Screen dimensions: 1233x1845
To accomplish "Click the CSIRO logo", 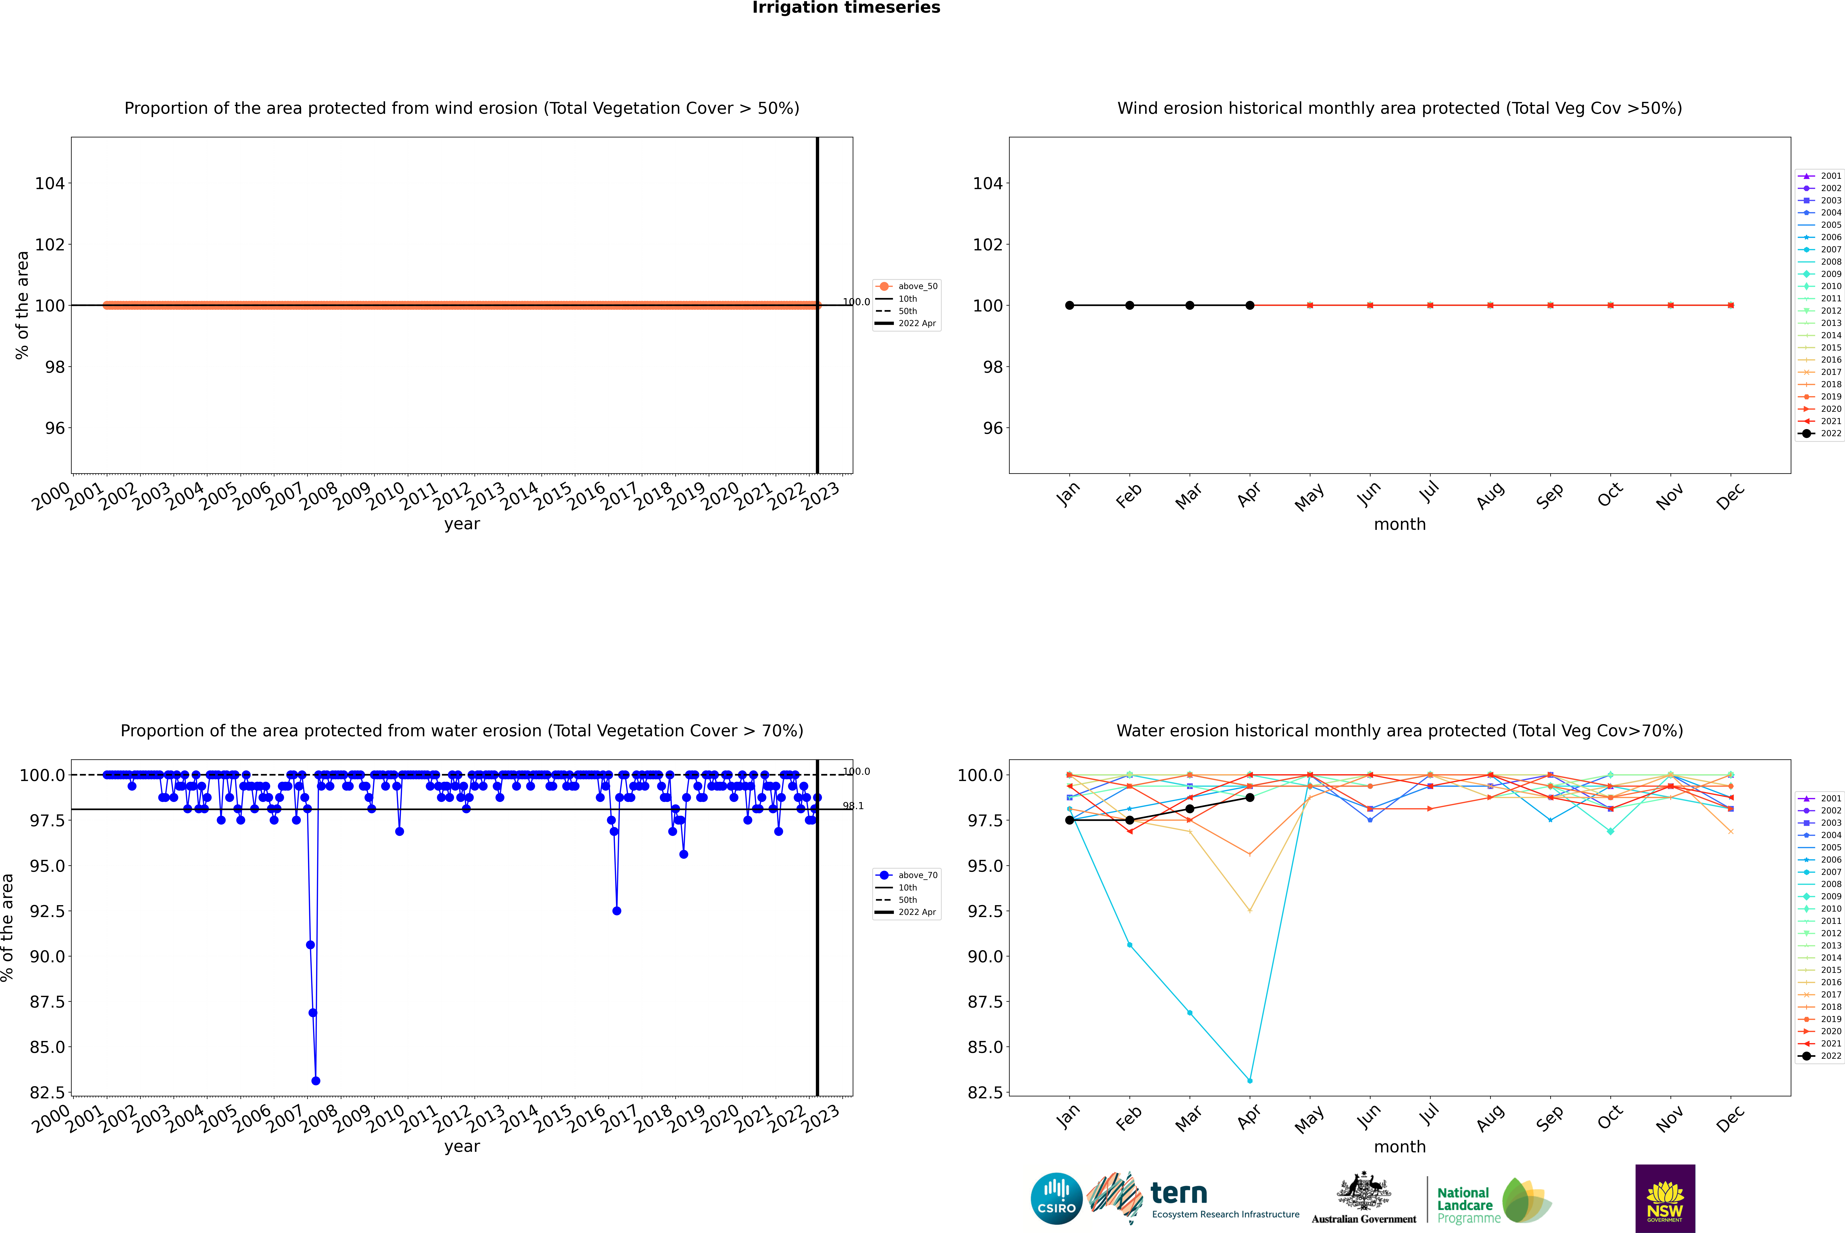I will pos(1056,1198).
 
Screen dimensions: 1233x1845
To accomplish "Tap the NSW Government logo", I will pos(1665,1198).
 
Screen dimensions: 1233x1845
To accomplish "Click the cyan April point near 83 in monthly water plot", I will pos(1250,1080).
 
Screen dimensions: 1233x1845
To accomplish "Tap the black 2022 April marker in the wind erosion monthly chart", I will pos(1250,305).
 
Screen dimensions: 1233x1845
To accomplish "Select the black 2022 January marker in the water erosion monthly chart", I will pos(1070,820).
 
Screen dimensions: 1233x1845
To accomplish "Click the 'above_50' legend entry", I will pos(917,286).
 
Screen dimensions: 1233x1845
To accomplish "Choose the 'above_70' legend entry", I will pos(917,875).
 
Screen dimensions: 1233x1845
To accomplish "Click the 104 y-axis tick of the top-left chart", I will pos(50,183).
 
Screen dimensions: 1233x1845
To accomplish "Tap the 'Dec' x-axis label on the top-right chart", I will pos(1730,497).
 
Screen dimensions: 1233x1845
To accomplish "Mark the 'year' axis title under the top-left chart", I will pos(462,524).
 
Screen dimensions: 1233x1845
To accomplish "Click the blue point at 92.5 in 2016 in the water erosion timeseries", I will pos(617,911).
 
